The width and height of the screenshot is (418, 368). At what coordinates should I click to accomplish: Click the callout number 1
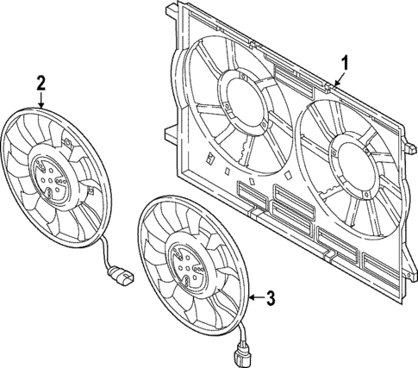[x=345, y=62]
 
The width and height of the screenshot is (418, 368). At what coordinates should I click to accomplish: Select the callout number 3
[x=270, y=299]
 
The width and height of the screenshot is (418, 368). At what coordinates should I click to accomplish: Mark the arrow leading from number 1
[x=338, y=78]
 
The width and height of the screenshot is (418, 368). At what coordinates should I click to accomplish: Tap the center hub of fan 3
[x=186, y=262]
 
